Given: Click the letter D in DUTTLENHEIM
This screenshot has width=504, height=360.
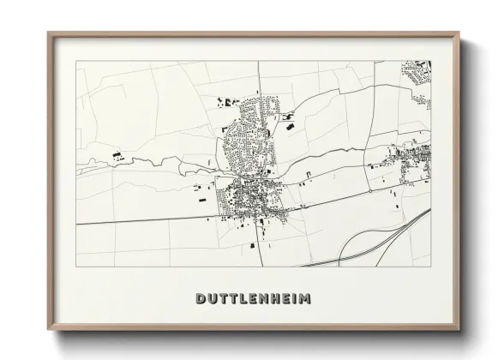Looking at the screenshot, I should [x=200, y=299].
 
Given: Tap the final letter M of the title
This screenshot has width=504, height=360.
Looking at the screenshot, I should [x=306, y=299].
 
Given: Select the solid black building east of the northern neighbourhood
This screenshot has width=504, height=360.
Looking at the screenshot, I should [x=289, y=128].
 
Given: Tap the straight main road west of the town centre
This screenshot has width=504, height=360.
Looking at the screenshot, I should [x=146, y=219].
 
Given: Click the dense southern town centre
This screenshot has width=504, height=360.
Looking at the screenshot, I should [x=253, y=199].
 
